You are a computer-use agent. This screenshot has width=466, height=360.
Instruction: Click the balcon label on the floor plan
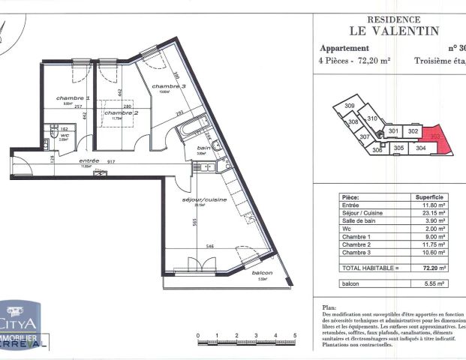[x=262, y=272]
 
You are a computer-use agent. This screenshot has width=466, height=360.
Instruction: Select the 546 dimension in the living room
[x=212, y=245]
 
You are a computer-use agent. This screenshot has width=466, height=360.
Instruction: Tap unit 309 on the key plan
[x=350, y=106]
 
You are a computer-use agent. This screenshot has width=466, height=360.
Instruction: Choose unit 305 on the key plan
[x=399, y=148]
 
